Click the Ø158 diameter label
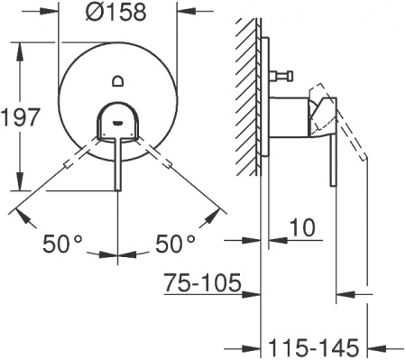click(117, 14)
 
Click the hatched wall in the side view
click(245, 90)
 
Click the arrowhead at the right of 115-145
click(380, 346)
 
